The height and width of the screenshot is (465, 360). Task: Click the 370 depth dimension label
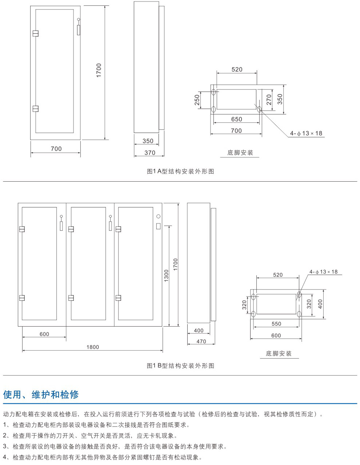[x=150, y=153]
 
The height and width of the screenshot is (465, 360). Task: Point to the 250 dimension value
[x=197, y=100]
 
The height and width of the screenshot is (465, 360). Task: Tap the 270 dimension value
[x=269, y=99]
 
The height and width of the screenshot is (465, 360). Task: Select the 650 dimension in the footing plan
[x=236, y=119]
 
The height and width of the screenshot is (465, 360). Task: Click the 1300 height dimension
[x=166, y=276]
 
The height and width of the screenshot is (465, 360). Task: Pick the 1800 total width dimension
[x=93, y=347]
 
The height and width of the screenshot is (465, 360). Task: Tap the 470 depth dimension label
[x=201, y=341]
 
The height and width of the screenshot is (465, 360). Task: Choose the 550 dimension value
[x=276, y=324]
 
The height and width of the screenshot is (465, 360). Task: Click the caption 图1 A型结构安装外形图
[x=180, y=171]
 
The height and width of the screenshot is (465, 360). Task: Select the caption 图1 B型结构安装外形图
[x=180, y=365]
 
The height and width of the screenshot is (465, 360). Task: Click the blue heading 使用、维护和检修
[x=41, y=395]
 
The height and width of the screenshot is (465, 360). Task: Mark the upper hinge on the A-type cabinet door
[x=35, y=33]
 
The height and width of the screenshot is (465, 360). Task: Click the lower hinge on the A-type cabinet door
[x=35, y=108]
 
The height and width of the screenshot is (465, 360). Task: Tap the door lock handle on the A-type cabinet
[x=78, y=29]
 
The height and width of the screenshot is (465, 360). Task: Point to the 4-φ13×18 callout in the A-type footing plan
[x=306, y=133]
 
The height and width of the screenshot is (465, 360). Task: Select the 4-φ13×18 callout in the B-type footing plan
[x=323, y=272]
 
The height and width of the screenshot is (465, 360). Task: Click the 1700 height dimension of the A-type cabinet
[x=99, y=70]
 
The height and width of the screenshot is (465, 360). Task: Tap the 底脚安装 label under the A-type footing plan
[x=240, y=153]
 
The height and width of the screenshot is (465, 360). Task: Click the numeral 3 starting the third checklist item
[x=5, y=446]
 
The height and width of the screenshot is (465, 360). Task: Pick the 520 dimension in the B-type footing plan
[x=278, y=275]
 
